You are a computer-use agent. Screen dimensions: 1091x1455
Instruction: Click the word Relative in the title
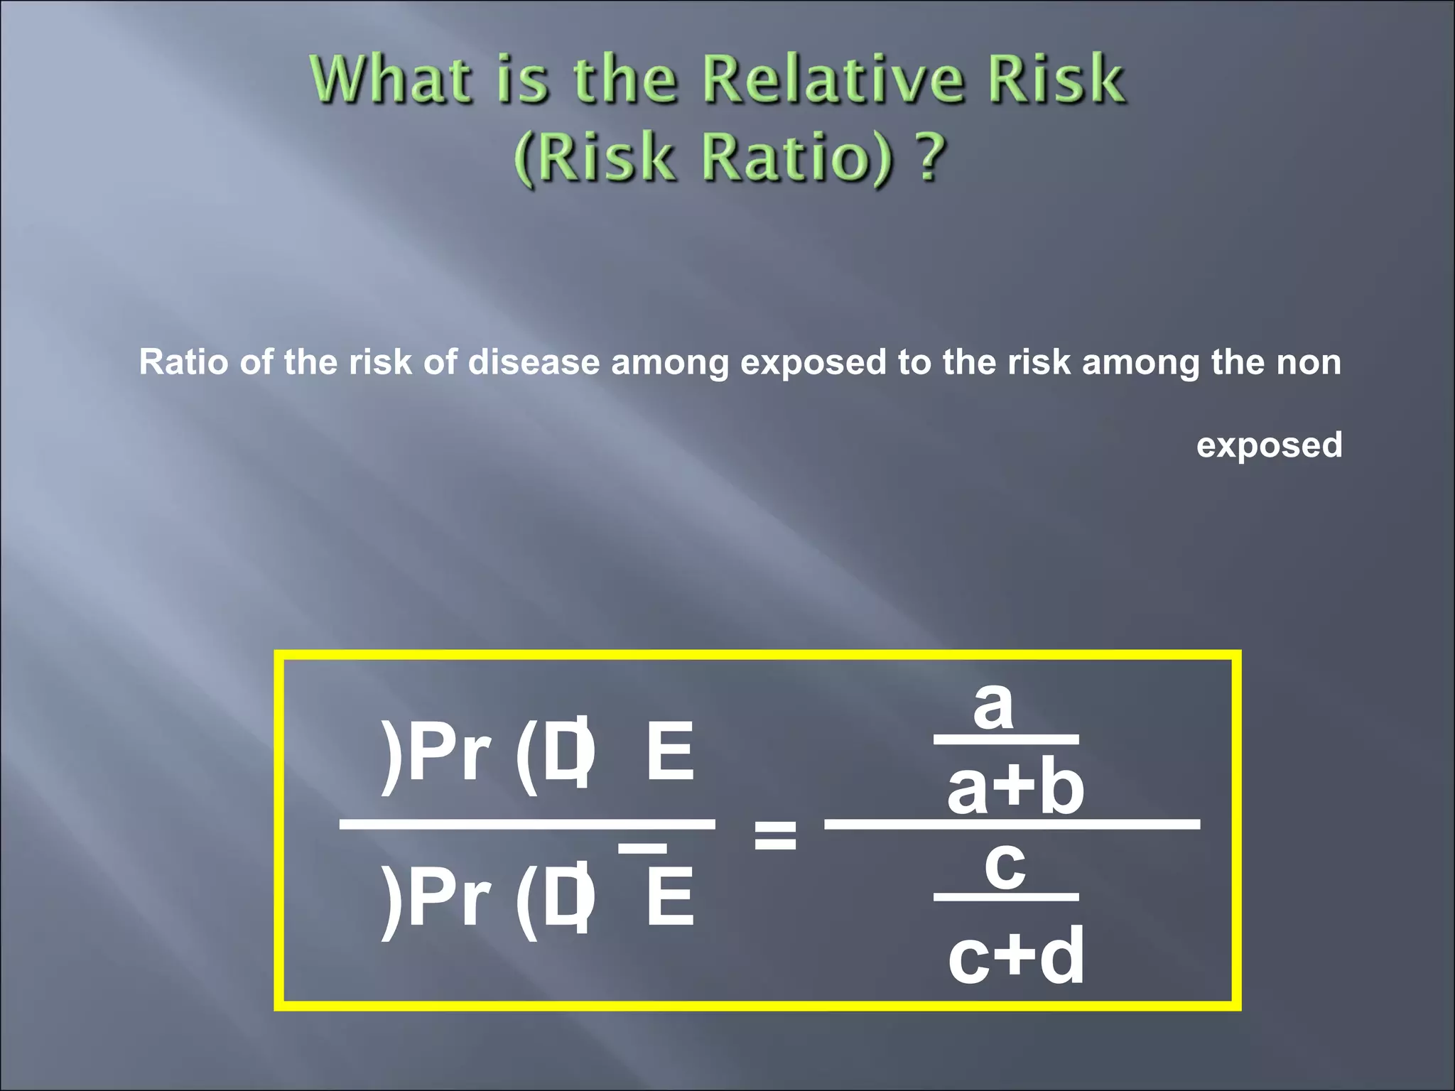[833, 79]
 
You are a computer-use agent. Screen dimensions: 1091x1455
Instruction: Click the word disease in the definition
[534, 362]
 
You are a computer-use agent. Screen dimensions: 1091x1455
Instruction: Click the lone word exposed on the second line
[1269, 445]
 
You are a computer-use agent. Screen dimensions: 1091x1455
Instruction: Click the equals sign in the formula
[774, 835]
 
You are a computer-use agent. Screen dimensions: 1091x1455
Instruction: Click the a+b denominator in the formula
[1015, 788]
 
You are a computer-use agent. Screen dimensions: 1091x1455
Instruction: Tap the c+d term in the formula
[1016, 956]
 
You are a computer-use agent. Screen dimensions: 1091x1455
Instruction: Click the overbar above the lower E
[642, 848]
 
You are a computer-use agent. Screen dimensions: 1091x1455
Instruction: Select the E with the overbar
[669, 898]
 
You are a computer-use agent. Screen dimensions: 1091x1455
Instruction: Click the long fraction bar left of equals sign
[527, 824]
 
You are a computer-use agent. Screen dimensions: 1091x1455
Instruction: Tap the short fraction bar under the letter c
[1005, 897]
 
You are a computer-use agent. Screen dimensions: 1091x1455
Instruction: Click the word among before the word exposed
[670, 362]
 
